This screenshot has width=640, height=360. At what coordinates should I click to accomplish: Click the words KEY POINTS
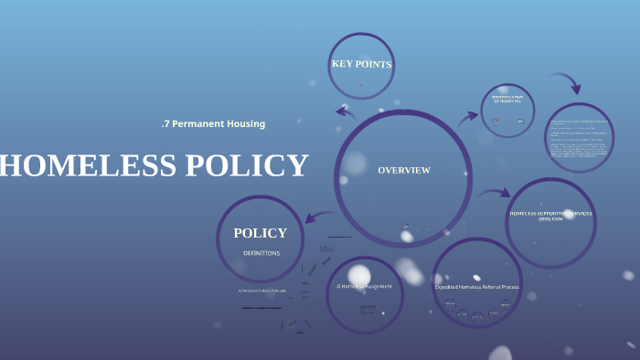(360, 64)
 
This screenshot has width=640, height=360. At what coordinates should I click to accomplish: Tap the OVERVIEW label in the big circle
(403, 170)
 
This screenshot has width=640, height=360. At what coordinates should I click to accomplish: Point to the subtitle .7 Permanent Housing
(213, 123)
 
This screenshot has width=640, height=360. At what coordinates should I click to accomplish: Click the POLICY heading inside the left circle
(260, 233)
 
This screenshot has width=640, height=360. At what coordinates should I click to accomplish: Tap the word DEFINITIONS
(261, 253)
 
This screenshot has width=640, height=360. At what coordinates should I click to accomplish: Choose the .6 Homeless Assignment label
(365, 286)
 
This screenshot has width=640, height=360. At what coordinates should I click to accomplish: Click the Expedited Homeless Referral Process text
(476, 286)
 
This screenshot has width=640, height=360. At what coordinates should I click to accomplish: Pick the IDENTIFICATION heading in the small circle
(507, 98)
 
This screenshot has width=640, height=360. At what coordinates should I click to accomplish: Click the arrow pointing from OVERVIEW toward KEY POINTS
(345, 111)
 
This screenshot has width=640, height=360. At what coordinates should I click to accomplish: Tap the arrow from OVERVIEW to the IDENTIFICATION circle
(468, 116)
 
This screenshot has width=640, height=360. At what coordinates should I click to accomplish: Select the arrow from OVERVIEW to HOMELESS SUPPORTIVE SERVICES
(496, 193)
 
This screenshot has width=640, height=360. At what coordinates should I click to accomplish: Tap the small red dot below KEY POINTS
(360, 85)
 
